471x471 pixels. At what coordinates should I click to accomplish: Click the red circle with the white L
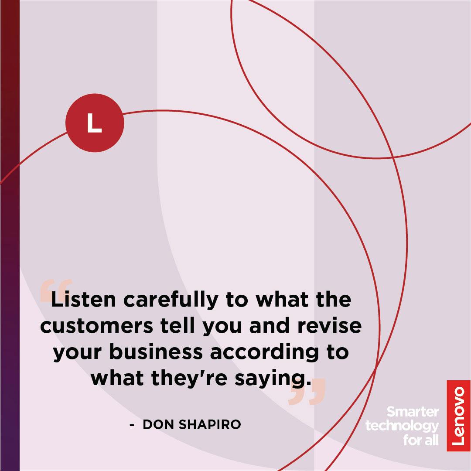coord(95,123)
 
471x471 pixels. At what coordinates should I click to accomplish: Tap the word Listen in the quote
coord(83,300)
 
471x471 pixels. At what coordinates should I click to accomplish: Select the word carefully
coord(171,300)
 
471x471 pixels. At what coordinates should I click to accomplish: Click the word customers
coord(96,326)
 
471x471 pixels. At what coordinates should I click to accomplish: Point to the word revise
coord(329,325)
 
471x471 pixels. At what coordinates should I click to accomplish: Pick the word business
coord(156,352)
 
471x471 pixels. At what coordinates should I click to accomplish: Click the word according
coord(264,353)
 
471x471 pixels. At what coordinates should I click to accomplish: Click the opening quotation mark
coord(56,290)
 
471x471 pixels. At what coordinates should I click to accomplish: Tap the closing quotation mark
coord(307,391)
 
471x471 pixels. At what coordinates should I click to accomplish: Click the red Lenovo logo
coord(458,416)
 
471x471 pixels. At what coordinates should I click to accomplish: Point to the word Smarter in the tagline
coord(413,412)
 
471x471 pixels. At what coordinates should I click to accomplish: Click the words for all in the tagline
coord(421,440)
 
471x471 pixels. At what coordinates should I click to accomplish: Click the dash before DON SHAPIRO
coord(132,425)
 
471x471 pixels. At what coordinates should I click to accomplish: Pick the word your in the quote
coord(77,353)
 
